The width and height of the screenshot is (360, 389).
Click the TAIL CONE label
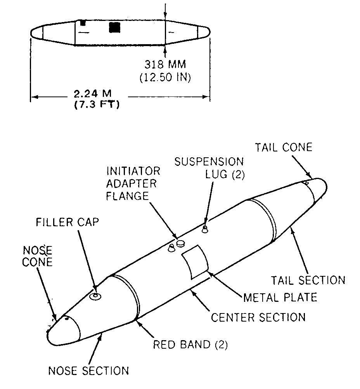pos(283,147)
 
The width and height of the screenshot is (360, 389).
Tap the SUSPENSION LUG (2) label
pos(209,167)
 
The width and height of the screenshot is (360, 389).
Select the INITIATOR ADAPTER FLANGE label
pos(128,183)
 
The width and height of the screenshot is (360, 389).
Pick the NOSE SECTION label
pos(88,370)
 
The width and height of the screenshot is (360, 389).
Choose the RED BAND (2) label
pos(190,344)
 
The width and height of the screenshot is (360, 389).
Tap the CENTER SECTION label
pos(258,317)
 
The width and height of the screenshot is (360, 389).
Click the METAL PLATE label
pos(280,297)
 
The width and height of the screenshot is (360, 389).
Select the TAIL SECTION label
pos(308,279)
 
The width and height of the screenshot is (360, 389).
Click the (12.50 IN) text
pos(165,77)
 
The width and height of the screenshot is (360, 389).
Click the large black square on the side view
pos(115,27)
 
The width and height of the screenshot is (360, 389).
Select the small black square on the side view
pos(82,23)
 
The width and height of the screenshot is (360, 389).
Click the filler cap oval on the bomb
pos(94,296)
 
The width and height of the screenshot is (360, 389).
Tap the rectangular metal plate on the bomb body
pos(196,261)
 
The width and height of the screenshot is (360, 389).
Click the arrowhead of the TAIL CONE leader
pos(310,178)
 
